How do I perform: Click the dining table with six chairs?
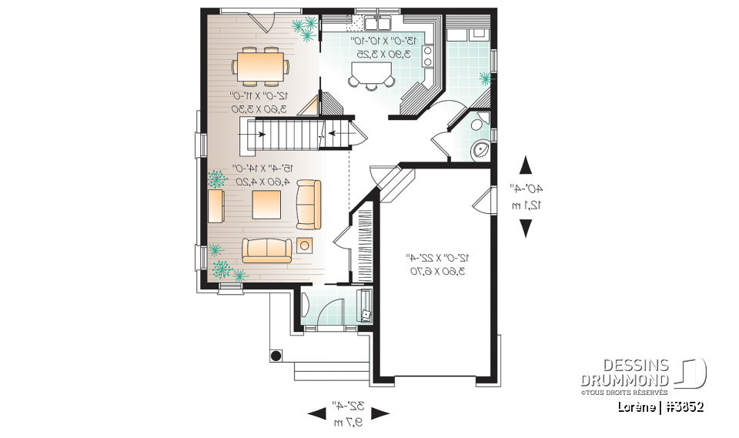[x=261, y=65]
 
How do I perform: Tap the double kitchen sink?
[x=375, y=21]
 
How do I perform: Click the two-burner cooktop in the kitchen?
[x=429, y=56]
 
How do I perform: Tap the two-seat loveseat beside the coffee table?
[x=309, y=204]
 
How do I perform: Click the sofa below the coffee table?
[x=267, y=249]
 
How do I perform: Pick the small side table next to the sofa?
[x=305, y=246]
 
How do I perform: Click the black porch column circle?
[x=275, y=356]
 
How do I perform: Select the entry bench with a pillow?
[x=364, y=307]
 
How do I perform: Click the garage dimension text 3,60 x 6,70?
[x=436, y=271]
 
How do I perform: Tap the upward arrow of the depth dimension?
[x=527, y=166]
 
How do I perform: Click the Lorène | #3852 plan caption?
[x=659, y=406]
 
